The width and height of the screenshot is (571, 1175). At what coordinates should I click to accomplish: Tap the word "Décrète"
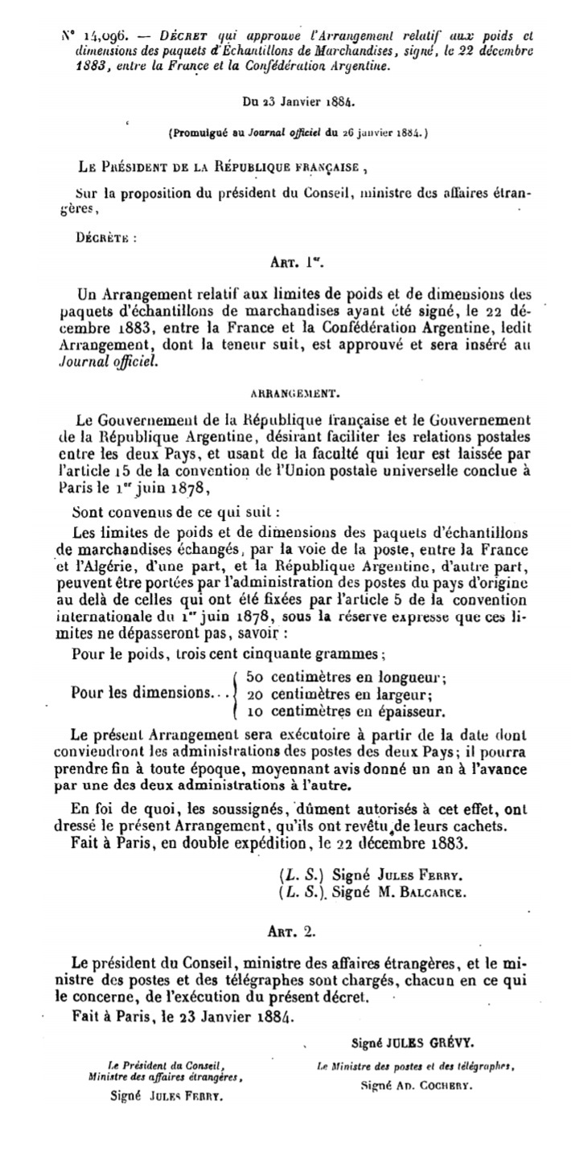(105, 238)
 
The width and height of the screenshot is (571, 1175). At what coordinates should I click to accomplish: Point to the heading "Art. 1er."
(292, 263)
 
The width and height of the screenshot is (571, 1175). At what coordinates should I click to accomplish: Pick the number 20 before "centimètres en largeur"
(257, 694)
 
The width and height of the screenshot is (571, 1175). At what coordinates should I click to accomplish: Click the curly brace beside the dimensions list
(235, 694)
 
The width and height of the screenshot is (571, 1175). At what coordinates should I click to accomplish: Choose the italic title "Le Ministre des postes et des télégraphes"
(415, 1067)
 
